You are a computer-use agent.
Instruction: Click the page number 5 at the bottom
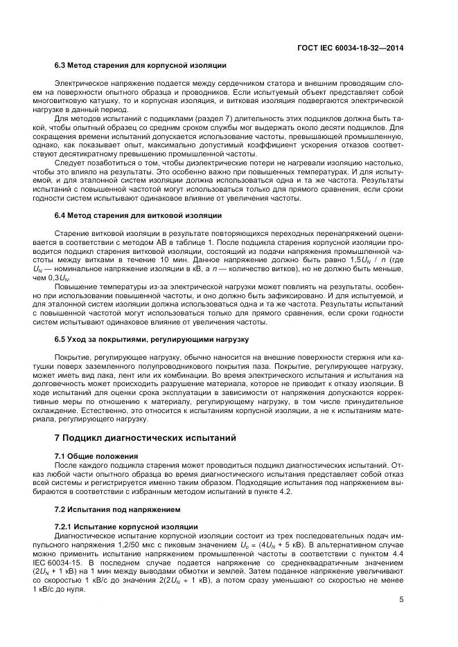(x=401, y=601)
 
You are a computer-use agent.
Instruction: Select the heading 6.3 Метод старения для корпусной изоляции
(x=140, y=66)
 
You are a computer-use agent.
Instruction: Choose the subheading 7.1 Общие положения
(x=96, y=456)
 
